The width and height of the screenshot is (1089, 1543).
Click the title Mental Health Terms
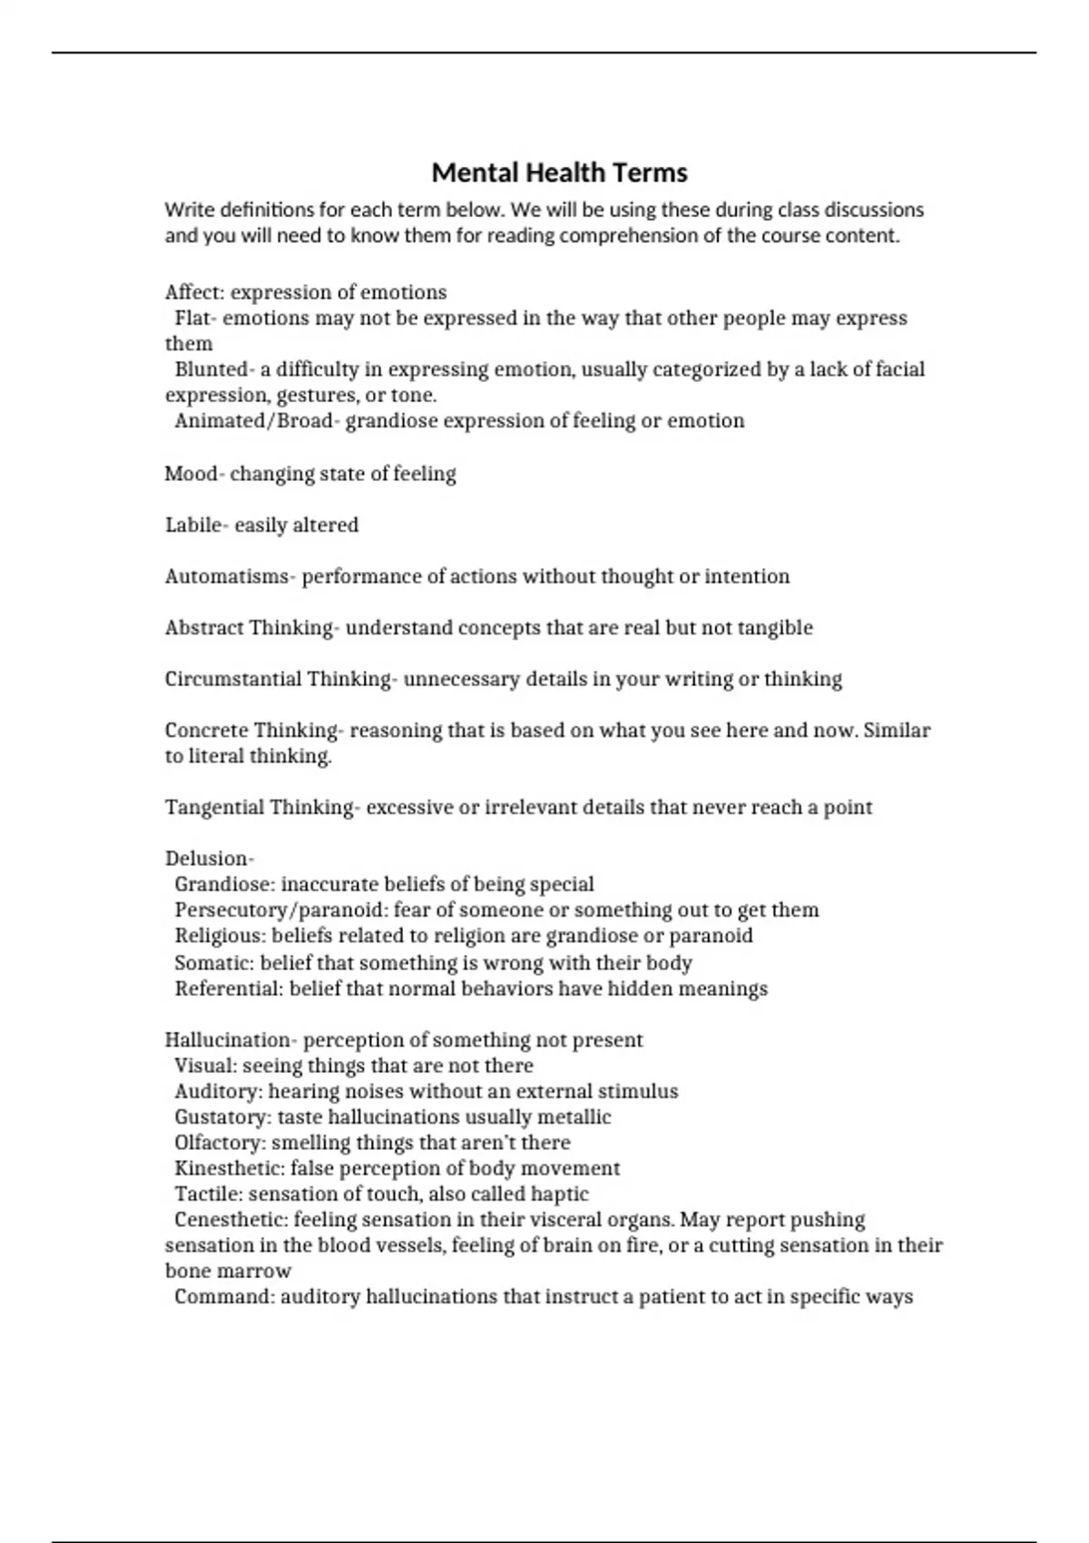click(x=559, y=172)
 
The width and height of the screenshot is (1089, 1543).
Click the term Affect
click(x=194, y=292)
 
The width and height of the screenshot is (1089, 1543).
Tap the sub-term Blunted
click(x=211, y=369)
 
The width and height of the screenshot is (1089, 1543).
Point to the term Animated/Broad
click(x=253, y=421)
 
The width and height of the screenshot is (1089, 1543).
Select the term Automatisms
click(x=227, y=576)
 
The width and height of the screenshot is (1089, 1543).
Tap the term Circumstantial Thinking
click(x=278, y=679)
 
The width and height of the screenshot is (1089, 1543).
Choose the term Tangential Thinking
click(x=260, y=808)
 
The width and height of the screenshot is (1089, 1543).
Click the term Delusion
click(x=207, y=859)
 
